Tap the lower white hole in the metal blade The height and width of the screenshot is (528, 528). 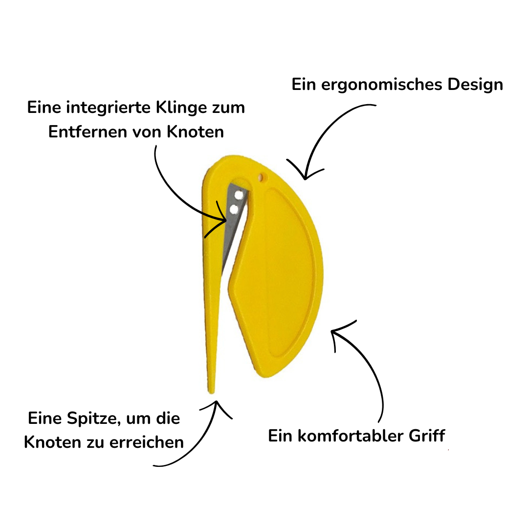pyautogui.click(x=234, y=210)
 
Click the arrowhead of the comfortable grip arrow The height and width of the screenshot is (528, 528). pyautogui.click(x=333, y=332)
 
